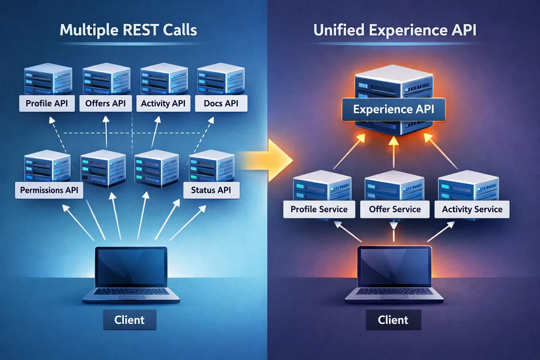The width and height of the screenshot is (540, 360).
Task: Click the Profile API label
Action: point(47,103)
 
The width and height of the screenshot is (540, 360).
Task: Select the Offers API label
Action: point(106,103)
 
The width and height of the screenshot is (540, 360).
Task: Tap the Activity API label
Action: point(163,103)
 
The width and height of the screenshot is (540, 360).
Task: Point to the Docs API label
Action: point(221,103)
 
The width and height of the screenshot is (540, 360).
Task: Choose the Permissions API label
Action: point(49,190)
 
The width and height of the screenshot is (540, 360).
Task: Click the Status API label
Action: point(211,190)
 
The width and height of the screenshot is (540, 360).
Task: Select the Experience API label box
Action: point(394,109)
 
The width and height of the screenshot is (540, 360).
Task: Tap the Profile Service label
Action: point(319,209)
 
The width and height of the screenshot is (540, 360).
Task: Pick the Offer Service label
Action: point(395,209)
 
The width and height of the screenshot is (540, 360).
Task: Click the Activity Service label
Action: point(472,209)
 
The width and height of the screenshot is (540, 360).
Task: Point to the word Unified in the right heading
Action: point(339,30)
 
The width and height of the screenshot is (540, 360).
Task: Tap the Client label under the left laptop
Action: point(130,320)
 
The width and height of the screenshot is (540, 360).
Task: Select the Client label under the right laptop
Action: point(393,320)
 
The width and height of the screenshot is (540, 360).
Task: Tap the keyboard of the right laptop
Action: point(394,292)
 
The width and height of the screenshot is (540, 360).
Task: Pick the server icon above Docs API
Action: point(221,79)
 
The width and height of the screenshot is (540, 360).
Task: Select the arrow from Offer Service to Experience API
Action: point(394,152)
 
